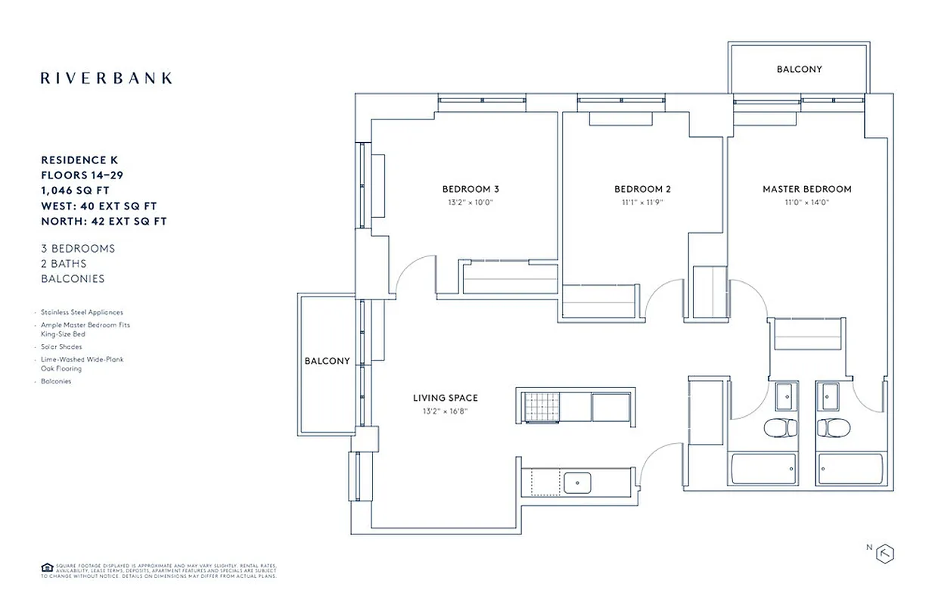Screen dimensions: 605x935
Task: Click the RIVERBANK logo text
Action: (x=106, y=78)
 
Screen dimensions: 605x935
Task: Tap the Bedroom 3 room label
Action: (x=471, y=189)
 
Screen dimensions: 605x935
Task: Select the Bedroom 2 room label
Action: (x=642, y=189)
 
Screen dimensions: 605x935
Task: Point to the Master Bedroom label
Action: (x=806, y=189)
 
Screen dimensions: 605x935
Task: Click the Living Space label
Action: (x=445, y=398)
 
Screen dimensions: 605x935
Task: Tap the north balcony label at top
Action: (x=799, y=69)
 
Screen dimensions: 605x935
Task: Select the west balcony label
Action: (x=327, y=361)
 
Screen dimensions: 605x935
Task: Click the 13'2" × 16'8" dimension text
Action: (x=445, y=411)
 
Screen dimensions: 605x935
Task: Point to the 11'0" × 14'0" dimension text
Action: (x=806, y=202)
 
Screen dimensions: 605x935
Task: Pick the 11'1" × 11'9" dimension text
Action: (x=642, y=202)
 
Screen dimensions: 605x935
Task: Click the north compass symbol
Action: (x=884, y=553)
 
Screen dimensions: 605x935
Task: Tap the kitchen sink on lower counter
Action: (x=578, y=480)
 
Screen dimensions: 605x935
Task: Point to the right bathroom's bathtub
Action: (x=851, y=469)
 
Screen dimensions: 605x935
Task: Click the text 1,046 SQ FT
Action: (x=79, y=191)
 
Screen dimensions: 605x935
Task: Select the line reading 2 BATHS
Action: (x=64, y=263)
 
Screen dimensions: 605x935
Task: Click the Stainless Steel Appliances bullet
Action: (x=82, y=312)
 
